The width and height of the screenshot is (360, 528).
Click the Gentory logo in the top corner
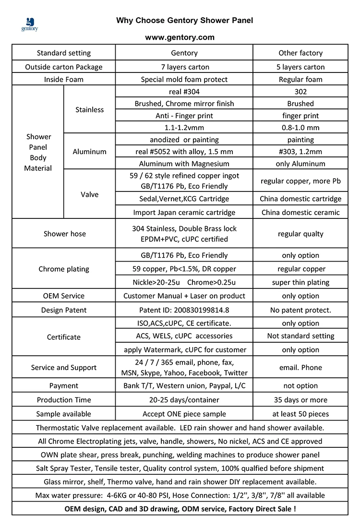[x=29, y=24]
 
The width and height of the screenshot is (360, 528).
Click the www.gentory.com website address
[x=180, y=37]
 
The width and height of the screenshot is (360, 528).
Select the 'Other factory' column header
[x=300, y=53]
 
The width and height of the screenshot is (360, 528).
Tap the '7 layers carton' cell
[x=184, y=67]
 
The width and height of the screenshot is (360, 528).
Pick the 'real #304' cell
[x=184, y=92]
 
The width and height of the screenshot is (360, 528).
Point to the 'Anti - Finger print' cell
[x=184, y=116]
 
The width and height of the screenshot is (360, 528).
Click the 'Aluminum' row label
[x=89, y=152]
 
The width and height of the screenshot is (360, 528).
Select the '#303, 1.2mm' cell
[x=300, y=152]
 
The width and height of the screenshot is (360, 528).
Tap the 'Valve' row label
[x=89, y=194]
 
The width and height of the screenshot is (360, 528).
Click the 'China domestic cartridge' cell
[x=300, y=199]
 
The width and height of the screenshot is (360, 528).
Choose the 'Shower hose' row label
[x=64, y=234]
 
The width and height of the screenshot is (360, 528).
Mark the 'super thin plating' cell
[x=300, y=282]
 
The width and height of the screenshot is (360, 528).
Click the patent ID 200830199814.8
[x=184, y=310]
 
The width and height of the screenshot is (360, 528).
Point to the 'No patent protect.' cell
[x=300, y=310]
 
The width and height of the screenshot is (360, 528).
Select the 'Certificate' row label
[x=64, y=337]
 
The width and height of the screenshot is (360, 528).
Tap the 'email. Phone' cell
[x=300, y=368]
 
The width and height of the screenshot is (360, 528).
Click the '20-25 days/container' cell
[x=184, y=400]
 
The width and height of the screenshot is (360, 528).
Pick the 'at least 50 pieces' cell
[x=300, y=414]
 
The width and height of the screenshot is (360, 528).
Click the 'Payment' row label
[x=64, y=386]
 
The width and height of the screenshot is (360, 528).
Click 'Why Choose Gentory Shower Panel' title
[x=184, y=21]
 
